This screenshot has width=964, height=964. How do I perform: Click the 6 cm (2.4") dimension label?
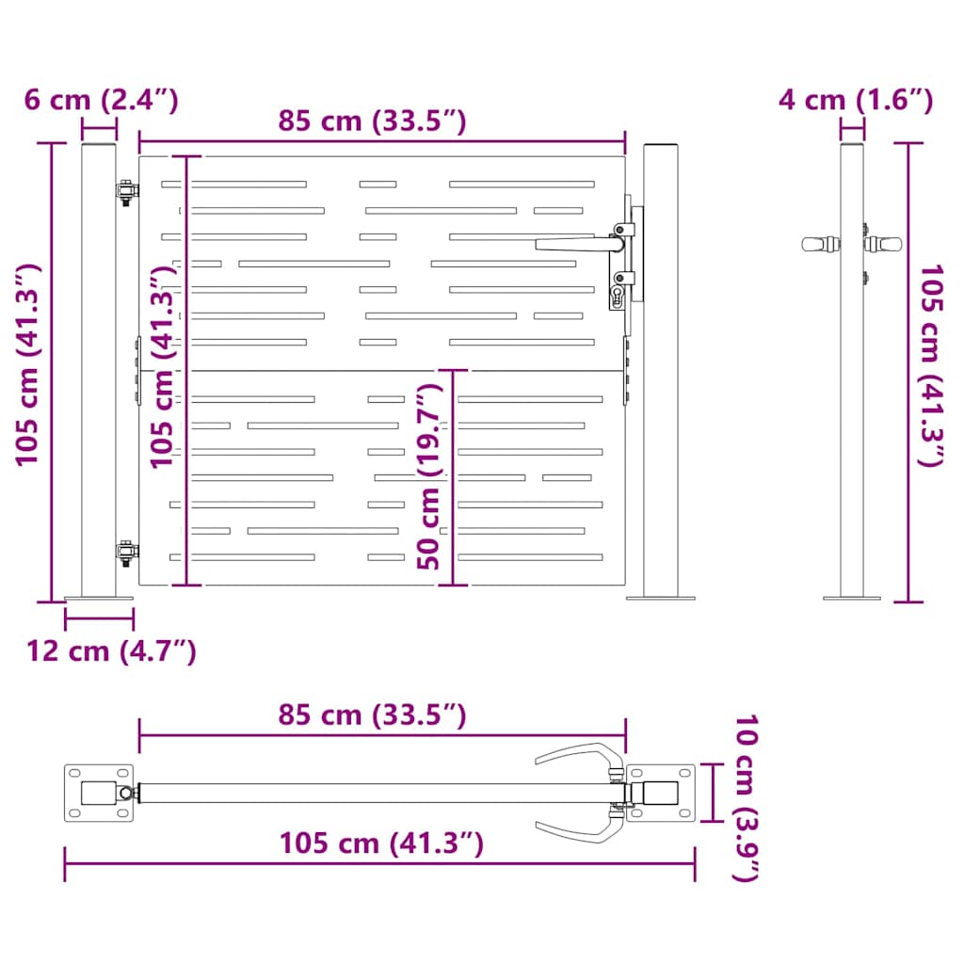pyautogui.click(x=101, y=100)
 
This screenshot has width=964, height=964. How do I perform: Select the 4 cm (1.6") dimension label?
pyautogui.click(x=856, y=100)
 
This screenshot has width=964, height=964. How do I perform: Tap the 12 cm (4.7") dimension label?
pyautogui.click(x=111, y=651)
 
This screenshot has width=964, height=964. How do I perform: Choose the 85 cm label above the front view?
pyautogui.click(x=372, y=120)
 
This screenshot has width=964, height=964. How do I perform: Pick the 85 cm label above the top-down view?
pyautogui.click(x=372, y=715)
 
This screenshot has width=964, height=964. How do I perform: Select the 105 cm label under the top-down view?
pyautogui.click(x=381, y=843)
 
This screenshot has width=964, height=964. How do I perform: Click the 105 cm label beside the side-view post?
pyautogui.click(x=931, y=366)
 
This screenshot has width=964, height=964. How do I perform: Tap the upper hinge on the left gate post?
pyautogui.click(x=125, y=191)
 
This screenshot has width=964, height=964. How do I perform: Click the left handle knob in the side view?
pyautogui.click(x=820, y=244)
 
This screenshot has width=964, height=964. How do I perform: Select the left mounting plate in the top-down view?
pyautogui.click(x=98, y=793)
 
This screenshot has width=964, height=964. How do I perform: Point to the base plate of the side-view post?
pyautogui.click(x=852, y=597)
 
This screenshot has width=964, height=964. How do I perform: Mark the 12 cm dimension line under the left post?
pyautogui.click(x=99, y=619)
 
